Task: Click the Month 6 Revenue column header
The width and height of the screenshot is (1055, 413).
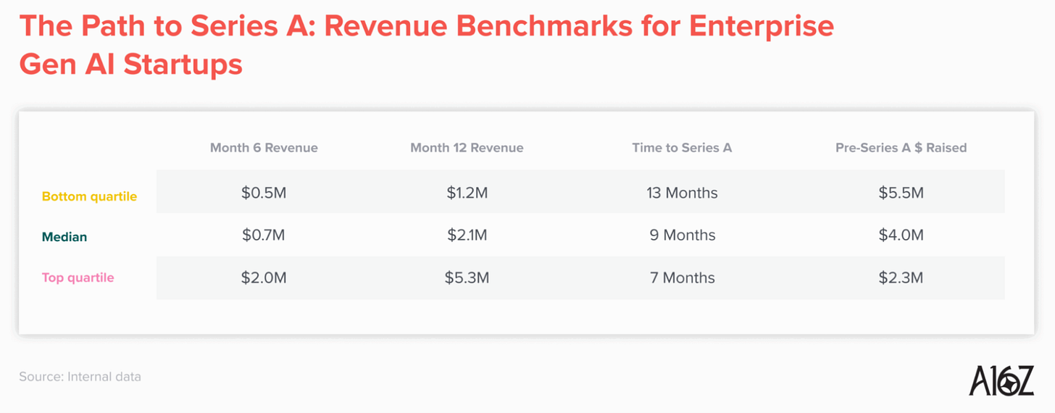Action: tap(264, 148)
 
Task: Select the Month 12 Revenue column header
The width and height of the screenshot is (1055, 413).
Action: tap(467, 148)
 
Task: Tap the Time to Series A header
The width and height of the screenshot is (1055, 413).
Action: tap(682, 148)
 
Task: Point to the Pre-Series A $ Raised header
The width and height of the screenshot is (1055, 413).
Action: tap(901, 148)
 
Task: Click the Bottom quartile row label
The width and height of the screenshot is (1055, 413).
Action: tap(89, 196)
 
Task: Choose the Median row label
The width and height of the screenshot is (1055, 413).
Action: tap(64, 237)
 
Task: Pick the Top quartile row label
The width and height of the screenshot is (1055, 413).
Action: tap(78, 278)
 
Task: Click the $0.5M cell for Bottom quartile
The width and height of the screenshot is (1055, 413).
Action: tap(264, 193)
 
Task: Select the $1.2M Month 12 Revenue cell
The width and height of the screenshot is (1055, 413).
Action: tap(467, 193)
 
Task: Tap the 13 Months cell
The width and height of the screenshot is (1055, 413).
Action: tap(682, 193)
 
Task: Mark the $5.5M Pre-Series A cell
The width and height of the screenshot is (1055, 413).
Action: tap(901, 193)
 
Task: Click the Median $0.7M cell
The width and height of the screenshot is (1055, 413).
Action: tap(264, 235)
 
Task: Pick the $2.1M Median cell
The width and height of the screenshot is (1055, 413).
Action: tap(467, 235)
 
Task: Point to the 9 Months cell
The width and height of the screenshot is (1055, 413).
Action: tap(682, 235)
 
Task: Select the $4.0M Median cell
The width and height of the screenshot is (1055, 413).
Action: tap(901, 235)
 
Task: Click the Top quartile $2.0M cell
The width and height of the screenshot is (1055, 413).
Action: tap(264, 278)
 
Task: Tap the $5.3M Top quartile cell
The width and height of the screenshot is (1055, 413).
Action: tap(467, 278)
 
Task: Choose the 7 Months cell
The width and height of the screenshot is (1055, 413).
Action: tap(682, 278)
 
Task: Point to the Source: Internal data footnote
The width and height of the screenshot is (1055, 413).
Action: tap(80, 377)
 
